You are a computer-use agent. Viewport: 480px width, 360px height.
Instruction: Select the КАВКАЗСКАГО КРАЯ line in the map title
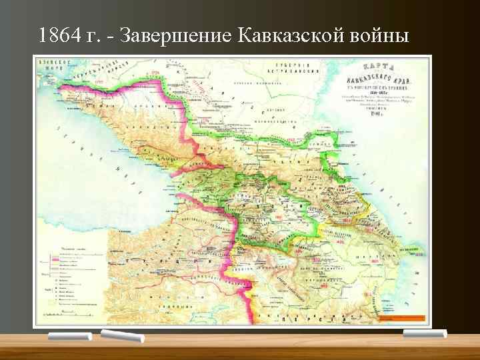(x=384, y=79)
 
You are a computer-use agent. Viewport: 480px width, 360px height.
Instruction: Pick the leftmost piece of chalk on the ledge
(x=70, y=337)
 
